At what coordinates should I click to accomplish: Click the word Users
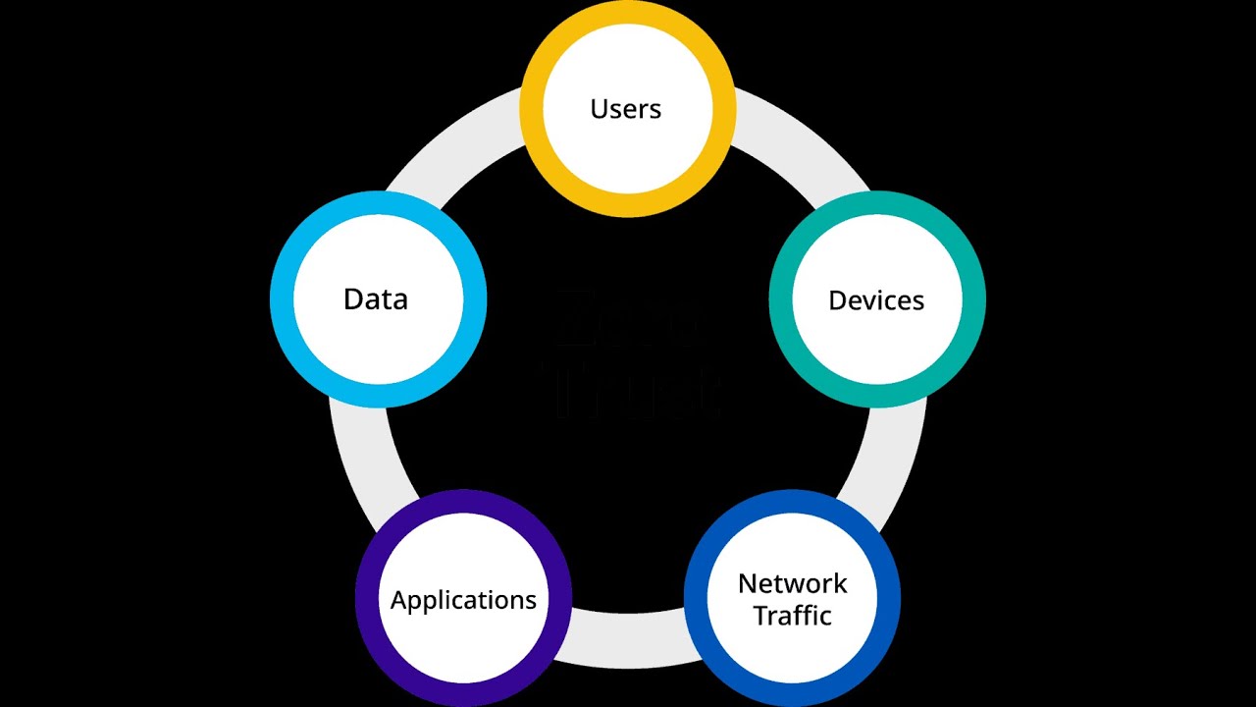click(x=626, y=109)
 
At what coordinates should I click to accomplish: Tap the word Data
click(x=376, y=299)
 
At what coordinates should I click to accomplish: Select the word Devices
click(x=876, y=300)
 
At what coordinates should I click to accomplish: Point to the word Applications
click(x=463, y=600)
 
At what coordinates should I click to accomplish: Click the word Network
click(x=792, y=584)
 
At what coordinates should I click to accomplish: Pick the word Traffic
click(x=792, y=616)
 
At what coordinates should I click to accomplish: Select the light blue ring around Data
click(x=378, y=395)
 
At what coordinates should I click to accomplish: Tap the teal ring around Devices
click(x=877, y=396)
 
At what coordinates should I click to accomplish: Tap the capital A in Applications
click(x=398, y=600)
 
